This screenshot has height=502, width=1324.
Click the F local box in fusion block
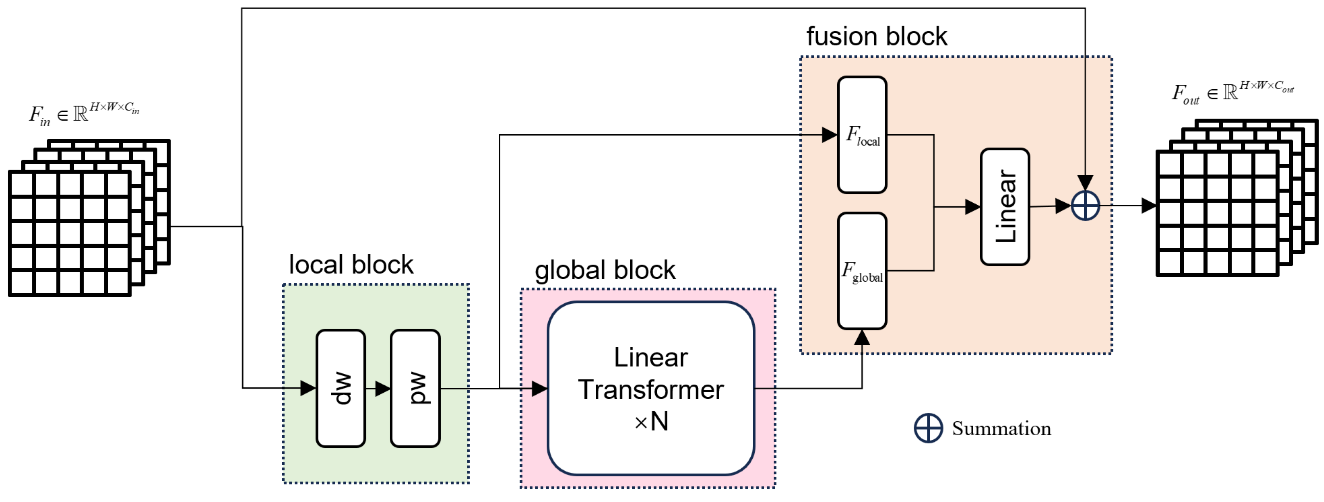[862, 135]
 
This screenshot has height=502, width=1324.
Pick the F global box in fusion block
[862, 271]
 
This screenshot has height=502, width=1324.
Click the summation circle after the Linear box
[1085, 206]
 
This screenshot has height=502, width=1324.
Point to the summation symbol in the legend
[928, 428]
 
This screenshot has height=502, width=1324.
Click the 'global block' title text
[605, 270]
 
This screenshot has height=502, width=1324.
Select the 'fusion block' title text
[877, 36]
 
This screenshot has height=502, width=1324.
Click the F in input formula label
[84, 113]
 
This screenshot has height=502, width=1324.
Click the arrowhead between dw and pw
[383, 389]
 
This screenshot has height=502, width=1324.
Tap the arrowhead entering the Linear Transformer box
[539, 389]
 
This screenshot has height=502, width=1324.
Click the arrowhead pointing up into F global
[862, 337]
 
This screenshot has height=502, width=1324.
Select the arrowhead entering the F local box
[829, 135]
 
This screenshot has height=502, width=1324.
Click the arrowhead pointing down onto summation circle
[1085, 182]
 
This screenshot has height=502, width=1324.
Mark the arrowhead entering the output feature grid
[1148, 206]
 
